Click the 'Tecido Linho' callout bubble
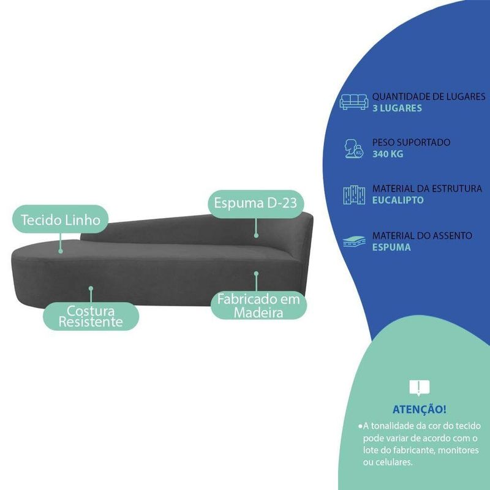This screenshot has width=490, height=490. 60,219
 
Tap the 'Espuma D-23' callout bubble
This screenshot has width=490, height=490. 255,204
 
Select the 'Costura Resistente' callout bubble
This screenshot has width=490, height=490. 91,316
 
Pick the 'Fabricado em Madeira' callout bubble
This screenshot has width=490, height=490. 258,305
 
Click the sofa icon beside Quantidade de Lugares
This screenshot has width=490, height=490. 354,101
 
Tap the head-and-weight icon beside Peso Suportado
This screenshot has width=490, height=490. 354,149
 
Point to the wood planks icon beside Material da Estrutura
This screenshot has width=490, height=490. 354,195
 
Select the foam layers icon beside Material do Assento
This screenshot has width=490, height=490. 354,241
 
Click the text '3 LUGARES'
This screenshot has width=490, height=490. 397,108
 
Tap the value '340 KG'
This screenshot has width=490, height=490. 388,154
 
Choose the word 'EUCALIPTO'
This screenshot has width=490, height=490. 398,200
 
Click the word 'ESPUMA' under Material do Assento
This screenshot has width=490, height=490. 391,247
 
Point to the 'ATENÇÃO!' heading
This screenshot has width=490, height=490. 420,409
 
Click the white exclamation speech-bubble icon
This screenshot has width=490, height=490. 420,388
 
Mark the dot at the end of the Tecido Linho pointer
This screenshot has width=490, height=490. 61,251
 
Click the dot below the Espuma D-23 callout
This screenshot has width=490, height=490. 256,235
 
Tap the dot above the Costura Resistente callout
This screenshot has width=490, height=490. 91,288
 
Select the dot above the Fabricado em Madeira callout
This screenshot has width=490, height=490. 256,273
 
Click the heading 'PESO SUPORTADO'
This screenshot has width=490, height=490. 411,143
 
